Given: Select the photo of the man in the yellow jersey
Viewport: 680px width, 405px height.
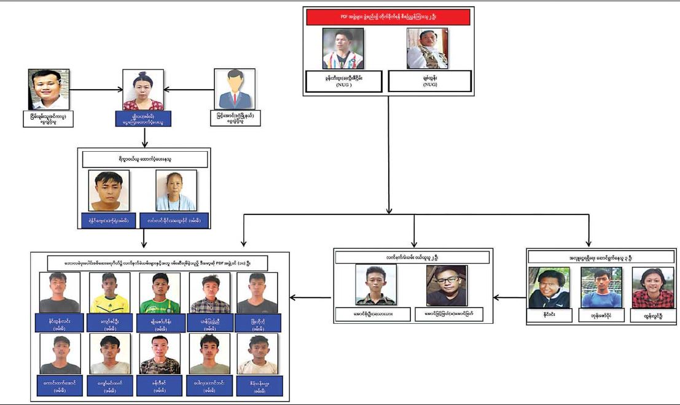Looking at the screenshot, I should [109, 293].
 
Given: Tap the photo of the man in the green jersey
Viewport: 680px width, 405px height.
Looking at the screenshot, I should [160, 293].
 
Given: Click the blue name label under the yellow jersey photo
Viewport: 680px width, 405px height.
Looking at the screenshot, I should [109, 322].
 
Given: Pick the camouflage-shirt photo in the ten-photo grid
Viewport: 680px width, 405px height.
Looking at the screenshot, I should [160, 353].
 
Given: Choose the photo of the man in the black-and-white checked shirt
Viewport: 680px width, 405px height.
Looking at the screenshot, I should [209, 293].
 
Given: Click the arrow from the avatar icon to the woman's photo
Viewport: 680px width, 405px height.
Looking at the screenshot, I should [188, 90].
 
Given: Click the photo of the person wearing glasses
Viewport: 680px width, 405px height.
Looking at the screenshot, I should [447, 285].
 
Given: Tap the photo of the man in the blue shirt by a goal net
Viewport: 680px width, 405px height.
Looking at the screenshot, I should [601, 287].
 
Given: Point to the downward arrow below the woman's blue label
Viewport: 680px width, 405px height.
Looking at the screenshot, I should [143, 136].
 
